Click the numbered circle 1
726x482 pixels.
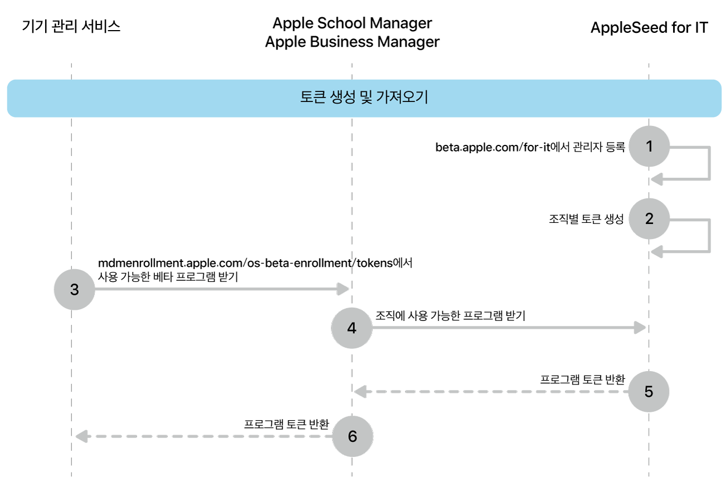649,147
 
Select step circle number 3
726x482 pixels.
74,289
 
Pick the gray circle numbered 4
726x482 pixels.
351,328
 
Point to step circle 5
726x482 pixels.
649,391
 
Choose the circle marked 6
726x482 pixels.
352,436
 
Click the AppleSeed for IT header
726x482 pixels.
649,27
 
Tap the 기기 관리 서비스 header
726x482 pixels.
71,26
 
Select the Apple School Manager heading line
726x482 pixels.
352,23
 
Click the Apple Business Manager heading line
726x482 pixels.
352,42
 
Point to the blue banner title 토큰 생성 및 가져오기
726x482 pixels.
364,98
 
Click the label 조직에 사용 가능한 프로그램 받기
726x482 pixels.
451,315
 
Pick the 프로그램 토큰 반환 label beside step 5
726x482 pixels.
582,379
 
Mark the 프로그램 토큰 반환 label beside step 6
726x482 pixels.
286,424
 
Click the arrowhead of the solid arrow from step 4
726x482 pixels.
640,328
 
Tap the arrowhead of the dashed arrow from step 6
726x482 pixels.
81,436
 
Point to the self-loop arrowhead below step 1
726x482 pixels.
656,179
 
